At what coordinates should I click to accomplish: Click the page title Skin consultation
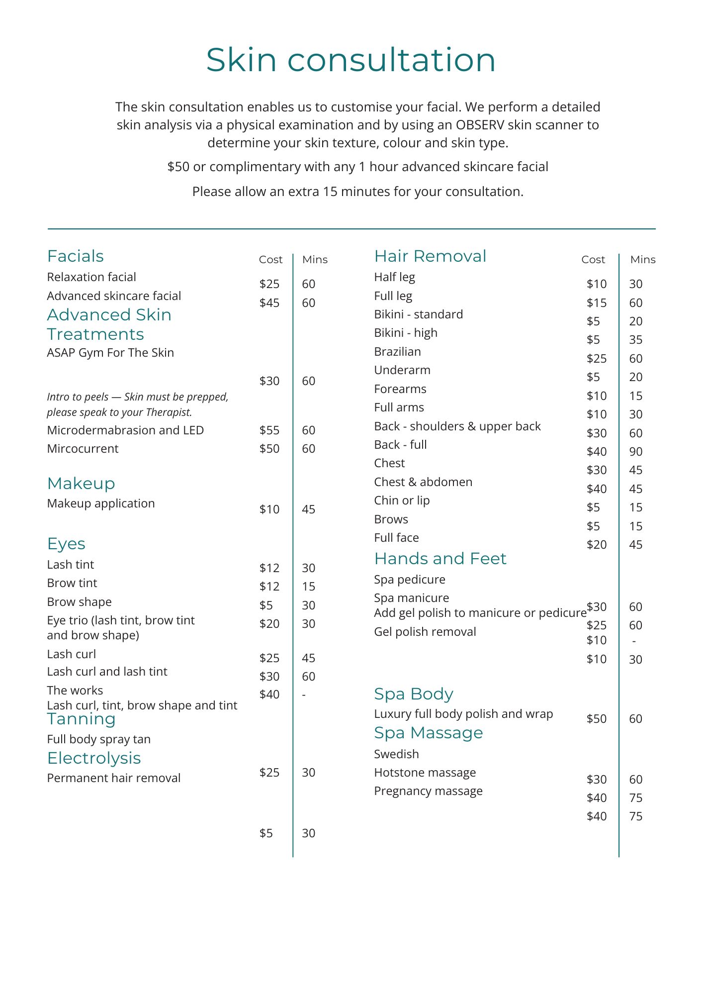click(x=351, y=60)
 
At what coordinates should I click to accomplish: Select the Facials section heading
click(x=76, y=256)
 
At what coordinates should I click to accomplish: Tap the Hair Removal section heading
click(x=430, y=256)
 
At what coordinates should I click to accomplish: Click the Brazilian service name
click(x=397, y=352)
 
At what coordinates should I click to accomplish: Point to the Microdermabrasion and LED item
click(x=125, y=430)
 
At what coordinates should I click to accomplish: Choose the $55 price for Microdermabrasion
click(x=269, y=430)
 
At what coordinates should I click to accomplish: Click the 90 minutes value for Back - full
click(x=636, y=452)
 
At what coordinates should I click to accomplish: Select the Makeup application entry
click(x=101, y=503)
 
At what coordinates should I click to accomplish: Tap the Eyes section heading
click(x=66, y=544)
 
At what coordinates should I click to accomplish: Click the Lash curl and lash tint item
click(x=107, y=672)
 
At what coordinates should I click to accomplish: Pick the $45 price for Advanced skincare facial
click(x=269, y=303)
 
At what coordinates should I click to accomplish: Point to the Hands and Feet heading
click(x=440, y=559)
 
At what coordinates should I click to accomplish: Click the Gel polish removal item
click(x=425, y=632)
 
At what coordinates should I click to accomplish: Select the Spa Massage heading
click(x=428, y=733)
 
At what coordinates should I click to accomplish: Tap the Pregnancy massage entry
click(x=428, y=791)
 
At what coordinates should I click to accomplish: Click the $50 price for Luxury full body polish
click(x=597, y=719)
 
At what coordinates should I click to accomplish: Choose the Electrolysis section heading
click(x=94, y=758)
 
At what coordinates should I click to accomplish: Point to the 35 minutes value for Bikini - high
click(x=636, y=340)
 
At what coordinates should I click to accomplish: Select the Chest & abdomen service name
click(x=423, y=482)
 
